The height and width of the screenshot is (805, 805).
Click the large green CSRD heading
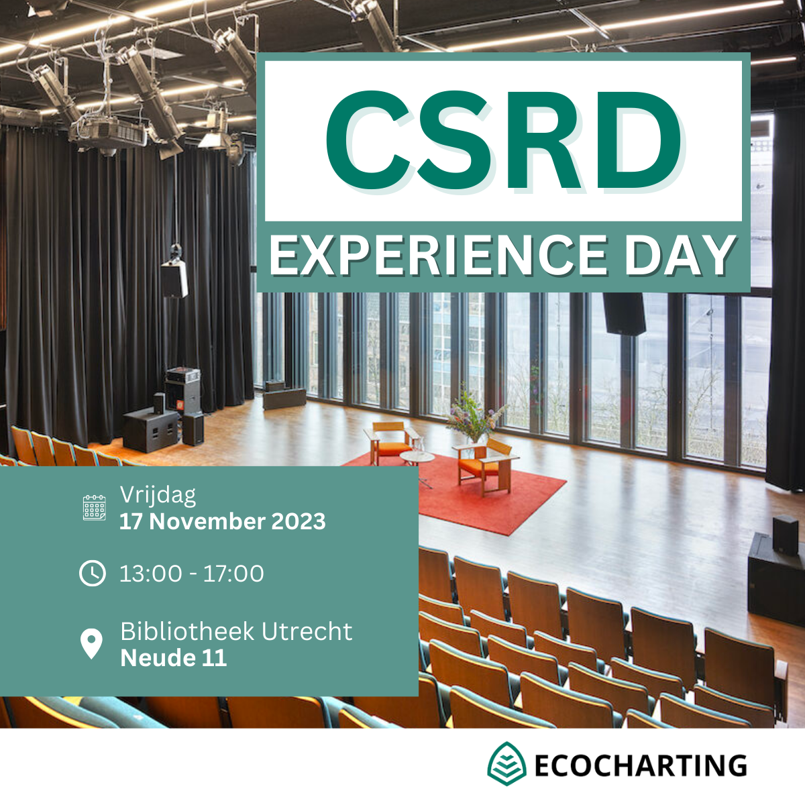(503, 140)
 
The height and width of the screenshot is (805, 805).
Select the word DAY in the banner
(679, 255)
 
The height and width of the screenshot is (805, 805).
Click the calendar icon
(95, 508)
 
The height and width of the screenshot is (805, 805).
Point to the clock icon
(93, 573)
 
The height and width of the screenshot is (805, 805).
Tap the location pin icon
(91, 643)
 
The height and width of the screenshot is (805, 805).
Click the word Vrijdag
(158, 496)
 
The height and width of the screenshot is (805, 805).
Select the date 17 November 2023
(223, 522)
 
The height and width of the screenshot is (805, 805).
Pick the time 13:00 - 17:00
(192, 573)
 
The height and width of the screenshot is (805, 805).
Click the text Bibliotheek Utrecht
(236, 631)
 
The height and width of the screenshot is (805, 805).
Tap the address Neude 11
(174, 658)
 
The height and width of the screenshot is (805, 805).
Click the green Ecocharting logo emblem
(506, 763)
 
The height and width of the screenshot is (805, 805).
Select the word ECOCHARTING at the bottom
(641, 765)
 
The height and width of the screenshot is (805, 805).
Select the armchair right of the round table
(486, 464)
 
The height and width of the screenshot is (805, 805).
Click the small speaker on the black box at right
(786, 535)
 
